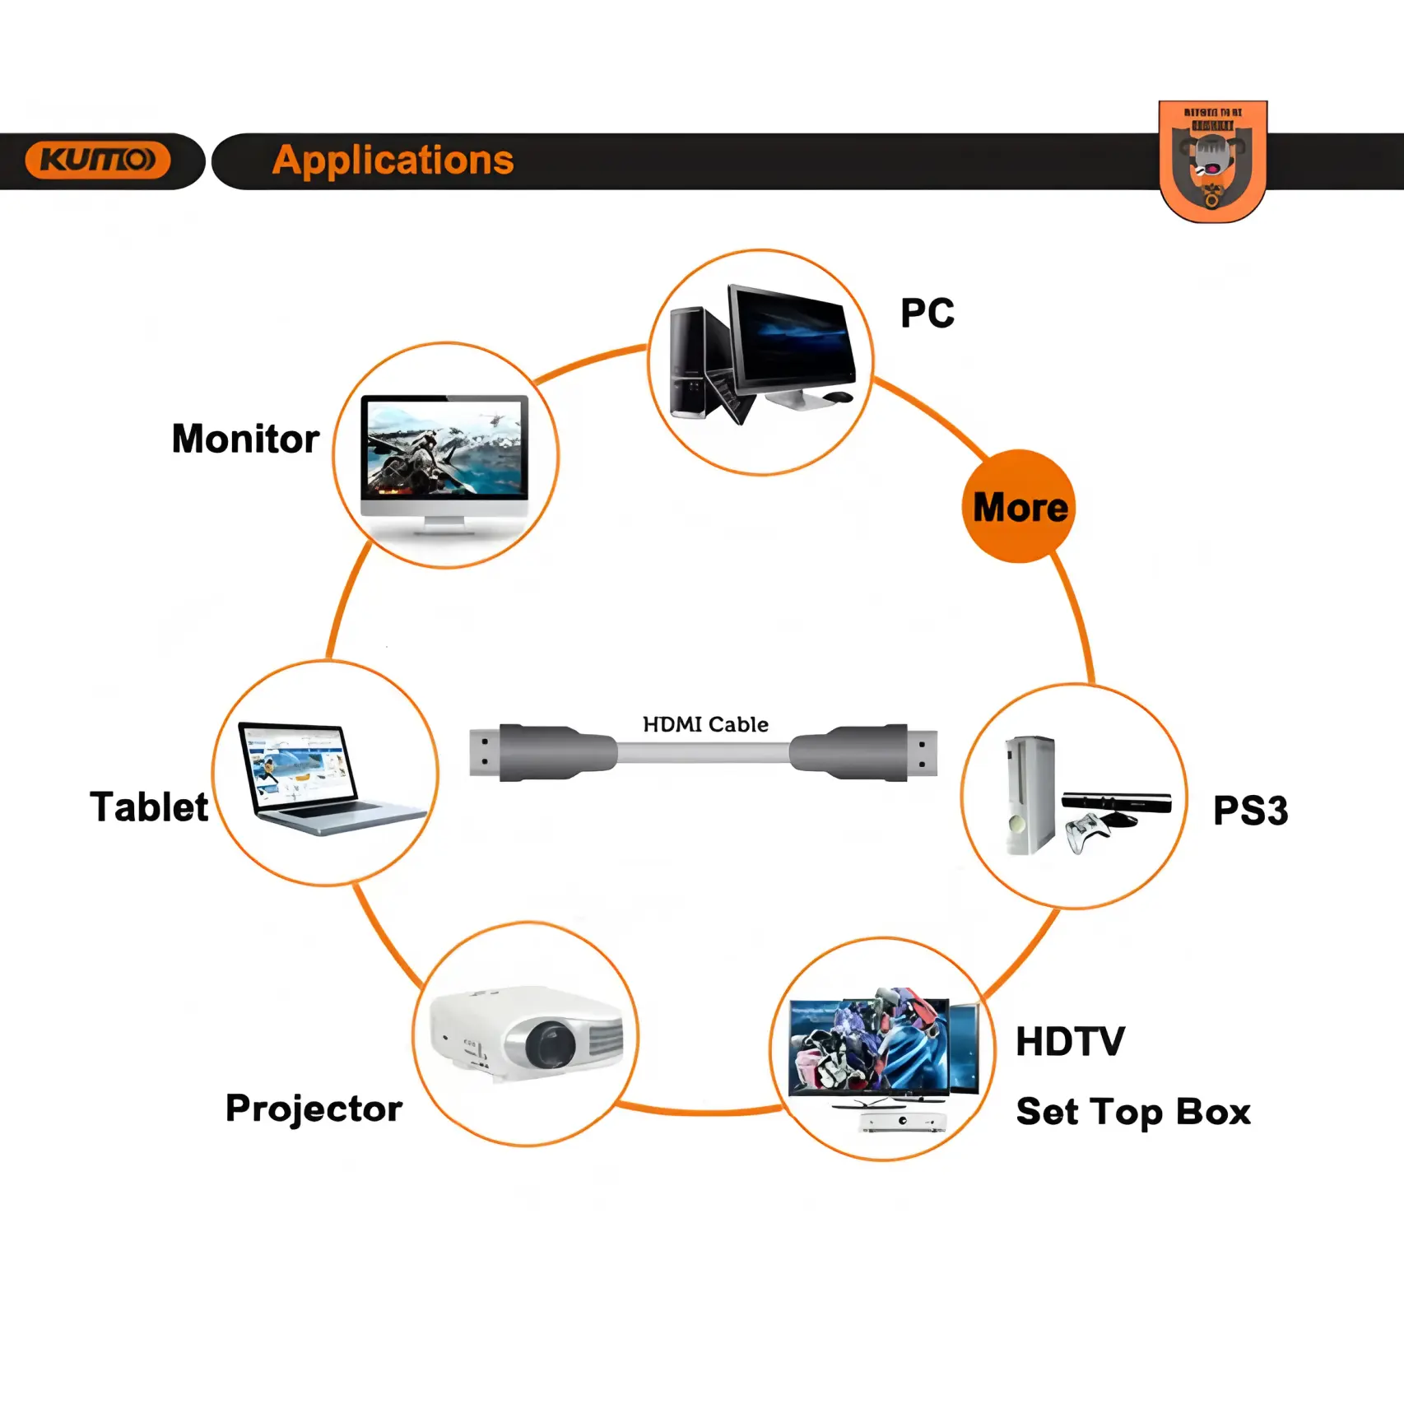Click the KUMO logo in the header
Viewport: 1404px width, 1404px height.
(98, 160)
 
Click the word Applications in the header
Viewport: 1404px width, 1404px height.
(393, 160)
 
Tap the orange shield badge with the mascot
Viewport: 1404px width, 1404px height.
(1212, 160)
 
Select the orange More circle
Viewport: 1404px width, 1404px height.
(1019, 506)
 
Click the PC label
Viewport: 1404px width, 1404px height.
(927, 313)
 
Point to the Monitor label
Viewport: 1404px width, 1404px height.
(245, 439)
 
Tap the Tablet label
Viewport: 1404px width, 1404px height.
(149, 807)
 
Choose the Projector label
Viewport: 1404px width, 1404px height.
(314, 1109)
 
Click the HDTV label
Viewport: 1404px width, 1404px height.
(1070, 1042)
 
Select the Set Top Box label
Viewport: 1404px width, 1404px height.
(1133, 1112)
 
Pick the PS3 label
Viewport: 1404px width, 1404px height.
(1250, 811)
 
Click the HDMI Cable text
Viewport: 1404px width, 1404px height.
(705, 724)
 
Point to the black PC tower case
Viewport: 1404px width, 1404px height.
(690, 362)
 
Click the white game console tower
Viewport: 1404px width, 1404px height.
(1030, 794)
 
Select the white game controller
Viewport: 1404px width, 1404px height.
(1088, 833)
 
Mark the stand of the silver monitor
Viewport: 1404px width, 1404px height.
(444, 525)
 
